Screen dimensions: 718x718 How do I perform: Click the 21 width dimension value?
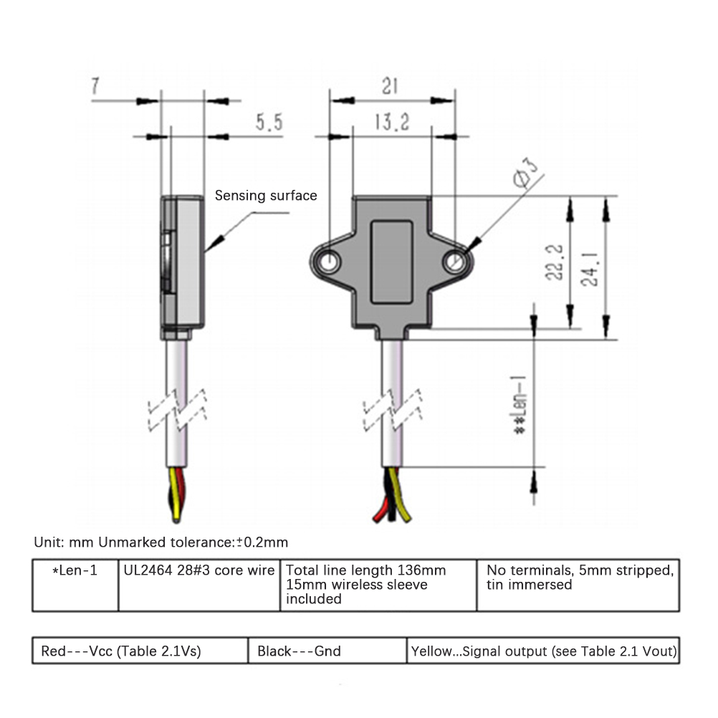click(x=390, y=87)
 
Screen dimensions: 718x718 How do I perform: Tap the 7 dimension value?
click(x=96, y=87)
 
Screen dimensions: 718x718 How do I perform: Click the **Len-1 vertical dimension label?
click(x=518, y=404)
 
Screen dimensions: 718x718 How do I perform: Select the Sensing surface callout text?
click(x=266, y=196)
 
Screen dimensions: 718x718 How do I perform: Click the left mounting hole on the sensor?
click(x=331, y=260)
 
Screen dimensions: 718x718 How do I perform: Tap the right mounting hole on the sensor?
click(x=453, y=262)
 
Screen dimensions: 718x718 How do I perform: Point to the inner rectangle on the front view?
click(x=392, y=262)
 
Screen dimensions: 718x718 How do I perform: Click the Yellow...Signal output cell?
click(x=543, y=651)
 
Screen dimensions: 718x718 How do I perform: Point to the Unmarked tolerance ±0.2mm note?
click(x=161, y=542)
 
